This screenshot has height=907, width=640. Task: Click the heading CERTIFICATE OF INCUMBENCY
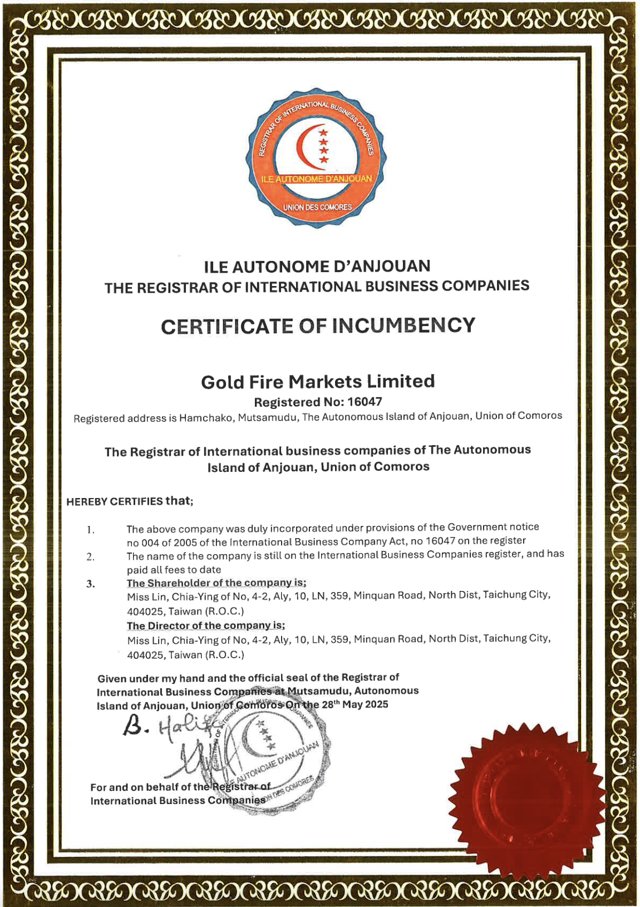318,326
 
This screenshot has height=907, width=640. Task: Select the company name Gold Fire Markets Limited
318,382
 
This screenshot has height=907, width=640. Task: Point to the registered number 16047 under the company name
365,402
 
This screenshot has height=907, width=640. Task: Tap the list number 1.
91,530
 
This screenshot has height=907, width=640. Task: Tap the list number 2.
91,557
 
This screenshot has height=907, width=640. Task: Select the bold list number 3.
91,584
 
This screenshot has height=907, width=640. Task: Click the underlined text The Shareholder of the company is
216,583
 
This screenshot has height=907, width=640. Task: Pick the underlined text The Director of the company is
206,626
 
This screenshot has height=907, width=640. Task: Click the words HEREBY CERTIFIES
115,502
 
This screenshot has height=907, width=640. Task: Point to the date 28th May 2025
355,704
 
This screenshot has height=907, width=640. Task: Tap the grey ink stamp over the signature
273,751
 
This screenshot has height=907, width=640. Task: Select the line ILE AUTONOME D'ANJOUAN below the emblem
318,267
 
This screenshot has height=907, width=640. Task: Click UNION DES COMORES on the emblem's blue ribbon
317,208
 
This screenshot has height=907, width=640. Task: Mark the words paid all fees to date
174,570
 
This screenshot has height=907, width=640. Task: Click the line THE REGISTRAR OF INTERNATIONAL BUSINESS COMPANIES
317,287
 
